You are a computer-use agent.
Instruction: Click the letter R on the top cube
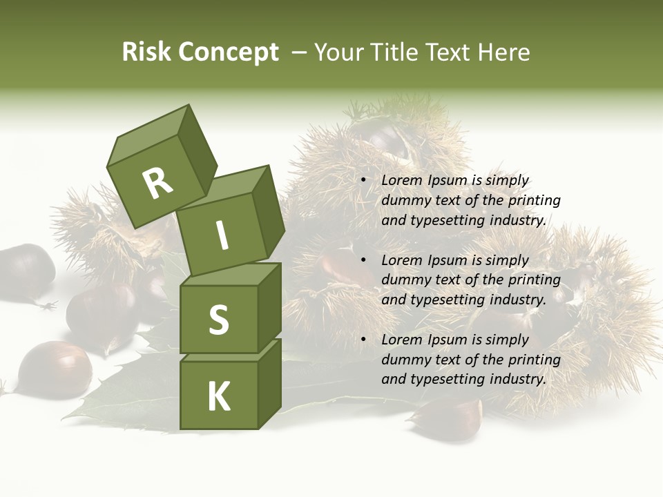pyautogui.click(x=158, y=184)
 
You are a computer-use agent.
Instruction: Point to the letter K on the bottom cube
pyautogui.click(x=218, y=397)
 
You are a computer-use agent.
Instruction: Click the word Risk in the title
pyautogui.click(x=146, y=52)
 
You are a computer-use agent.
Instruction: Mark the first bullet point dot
pyautogui.click(x=364, y=181)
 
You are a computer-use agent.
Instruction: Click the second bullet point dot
pyautogui.click(x=364, y=261)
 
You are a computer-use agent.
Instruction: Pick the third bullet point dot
pyautogui.click(x=364, y=340)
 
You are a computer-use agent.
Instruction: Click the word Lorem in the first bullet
pyautogui.click(x=401, y=181)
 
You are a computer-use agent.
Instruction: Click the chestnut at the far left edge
pyautogui.click(x=26, y=271)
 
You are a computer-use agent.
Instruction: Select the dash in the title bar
pyautogui.click(x=300, y=52)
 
